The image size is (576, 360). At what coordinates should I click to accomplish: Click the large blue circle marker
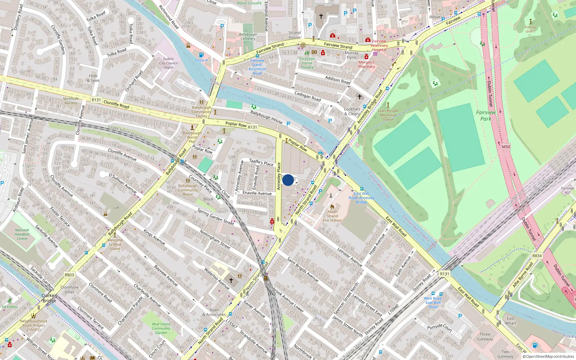[x=288, y=180]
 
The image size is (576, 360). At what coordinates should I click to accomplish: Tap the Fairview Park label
[x=486, y=115]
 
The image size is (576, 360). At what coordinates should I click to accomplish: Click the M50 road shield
[x=506, y=147]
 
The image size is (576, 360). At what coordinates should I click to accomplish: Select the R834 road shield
[x=537, y=256]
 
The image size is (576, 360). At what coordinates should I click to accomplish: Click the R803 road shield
[x=69, y=275]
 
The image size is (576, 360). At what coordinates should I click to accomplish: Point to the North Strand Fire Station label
[x=332, y=216]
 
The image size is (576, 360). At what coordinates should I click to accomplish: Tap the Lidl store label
[x=116, y=208]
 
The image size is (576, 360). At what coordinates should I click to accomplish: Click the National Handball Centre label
[x=22, y=234]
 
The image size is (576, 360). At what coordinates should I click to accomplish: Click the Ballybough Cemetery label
[x=248, y=37]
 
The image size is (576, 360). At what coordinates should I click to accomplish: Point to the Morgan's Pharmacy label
[x=366, y=64]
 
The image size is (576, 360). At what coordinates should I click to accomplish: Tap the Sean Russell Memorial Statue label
[x=388, y=115]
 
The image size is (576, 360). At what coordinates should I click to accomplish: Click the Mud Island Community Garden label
[x=161, y=328]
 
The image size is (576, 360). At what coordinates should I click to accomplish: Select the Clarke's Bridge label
[x=49, y=298]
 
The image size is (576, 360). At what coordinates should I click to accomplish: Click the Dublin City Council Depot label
[x=168, y=63]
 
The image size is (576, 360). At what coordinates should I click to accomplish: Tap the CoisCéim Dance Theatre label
[x=307, y=63]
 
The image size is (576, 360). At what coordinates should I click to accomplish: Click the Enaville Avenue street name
[x=257, y=193]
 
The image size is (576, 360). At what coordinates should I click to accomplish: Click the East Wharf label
[x=510, y=321]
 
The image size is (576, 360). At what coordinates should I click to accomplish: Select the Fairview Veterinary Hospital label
[x=379, y=45]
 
